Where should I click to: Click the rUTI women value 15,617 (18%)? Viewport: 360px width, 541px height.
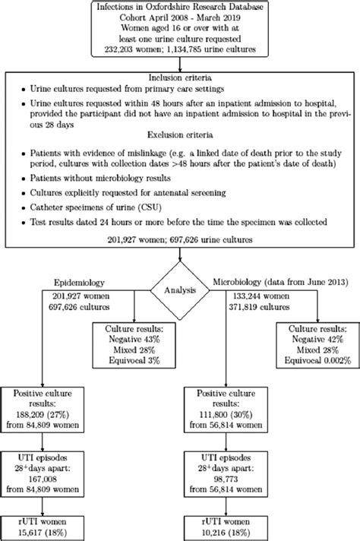pos(49,529)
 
